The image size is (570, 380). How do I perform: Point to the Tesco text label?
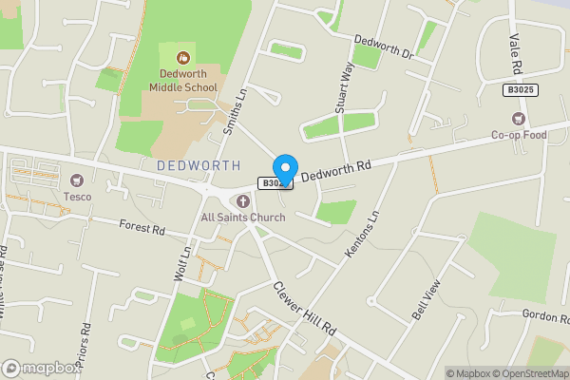[78, 197]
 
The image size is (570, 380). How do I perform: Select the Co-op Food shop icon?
[518, 119]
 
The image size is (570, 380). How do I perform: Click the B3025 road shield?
[518, 89]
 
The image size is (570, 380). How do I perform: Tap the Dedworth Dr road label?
[384, 47]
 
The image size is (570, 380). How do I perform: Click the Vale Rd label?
[514, 55]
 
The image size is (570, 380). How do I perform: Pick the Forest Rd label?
[142, 228]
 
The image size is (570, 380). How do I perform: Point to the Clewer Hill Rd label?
[304, 306]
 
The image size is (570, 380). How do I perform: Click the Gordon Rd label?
[542, 314]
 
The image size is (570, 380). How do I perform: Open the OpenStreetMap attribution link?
[525, 373]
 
